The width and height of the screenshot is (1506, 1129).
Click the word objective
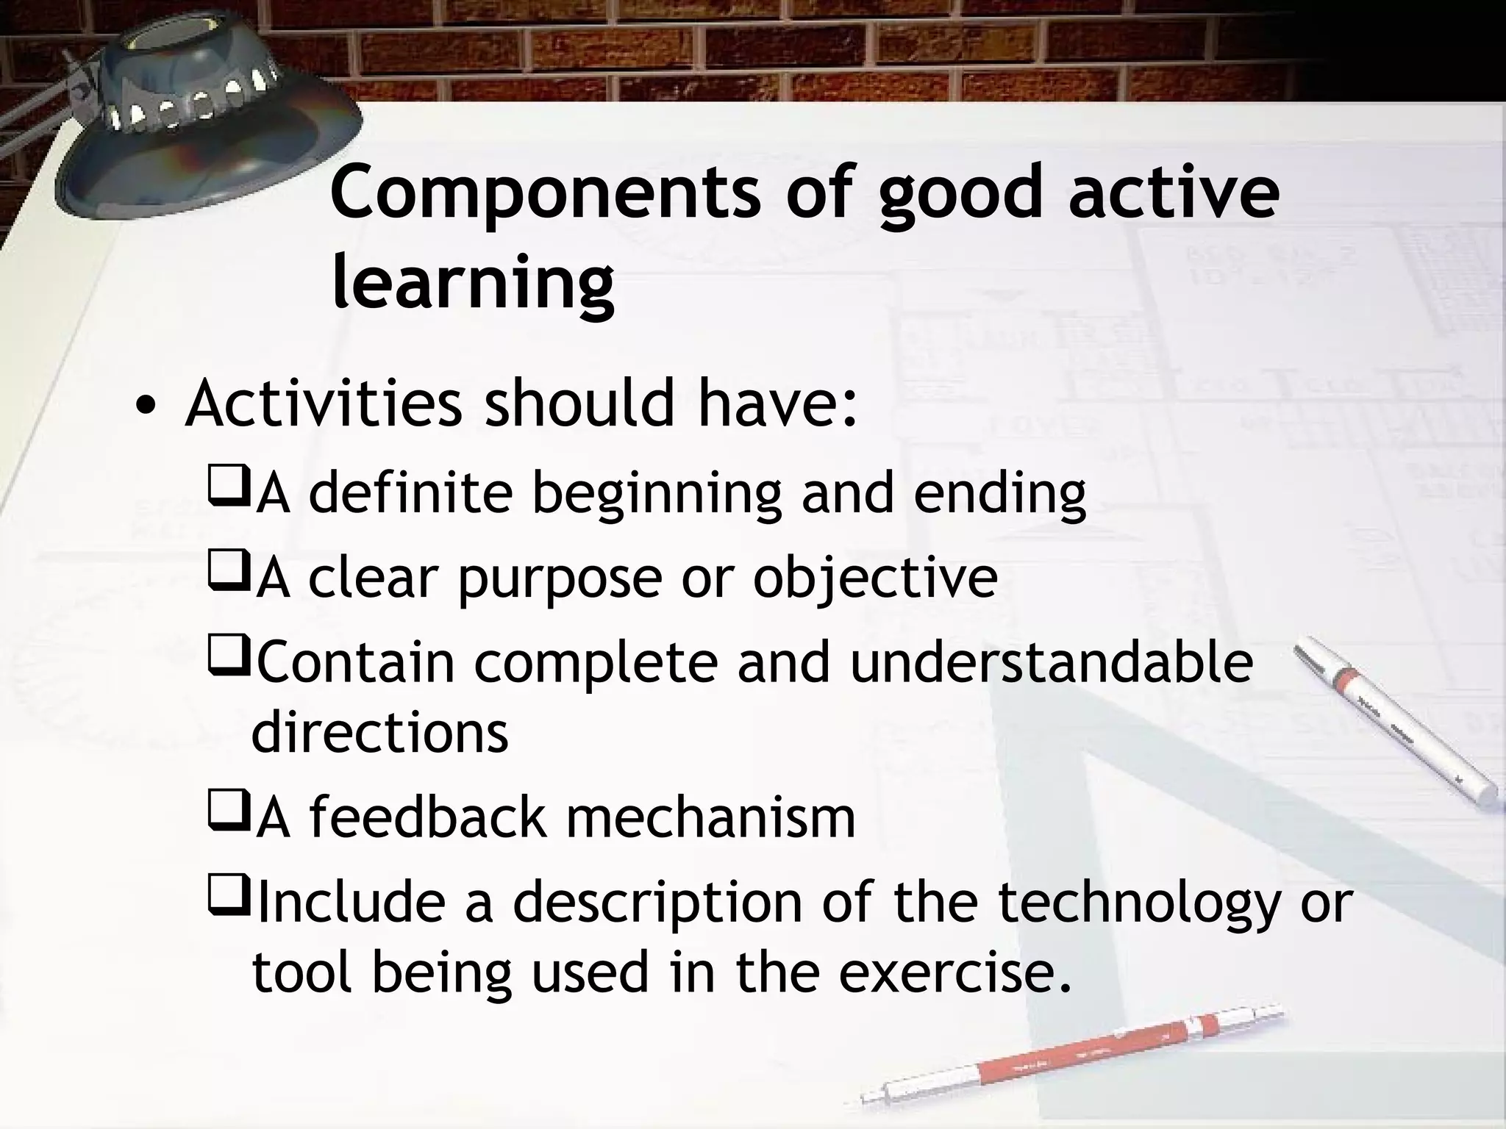875,578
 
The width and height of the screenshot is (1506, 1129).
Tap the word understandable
1052,662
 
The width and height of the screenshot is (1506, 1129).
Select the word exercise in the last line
953,972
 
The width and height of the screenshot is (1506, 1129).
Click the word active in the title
1174,193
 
